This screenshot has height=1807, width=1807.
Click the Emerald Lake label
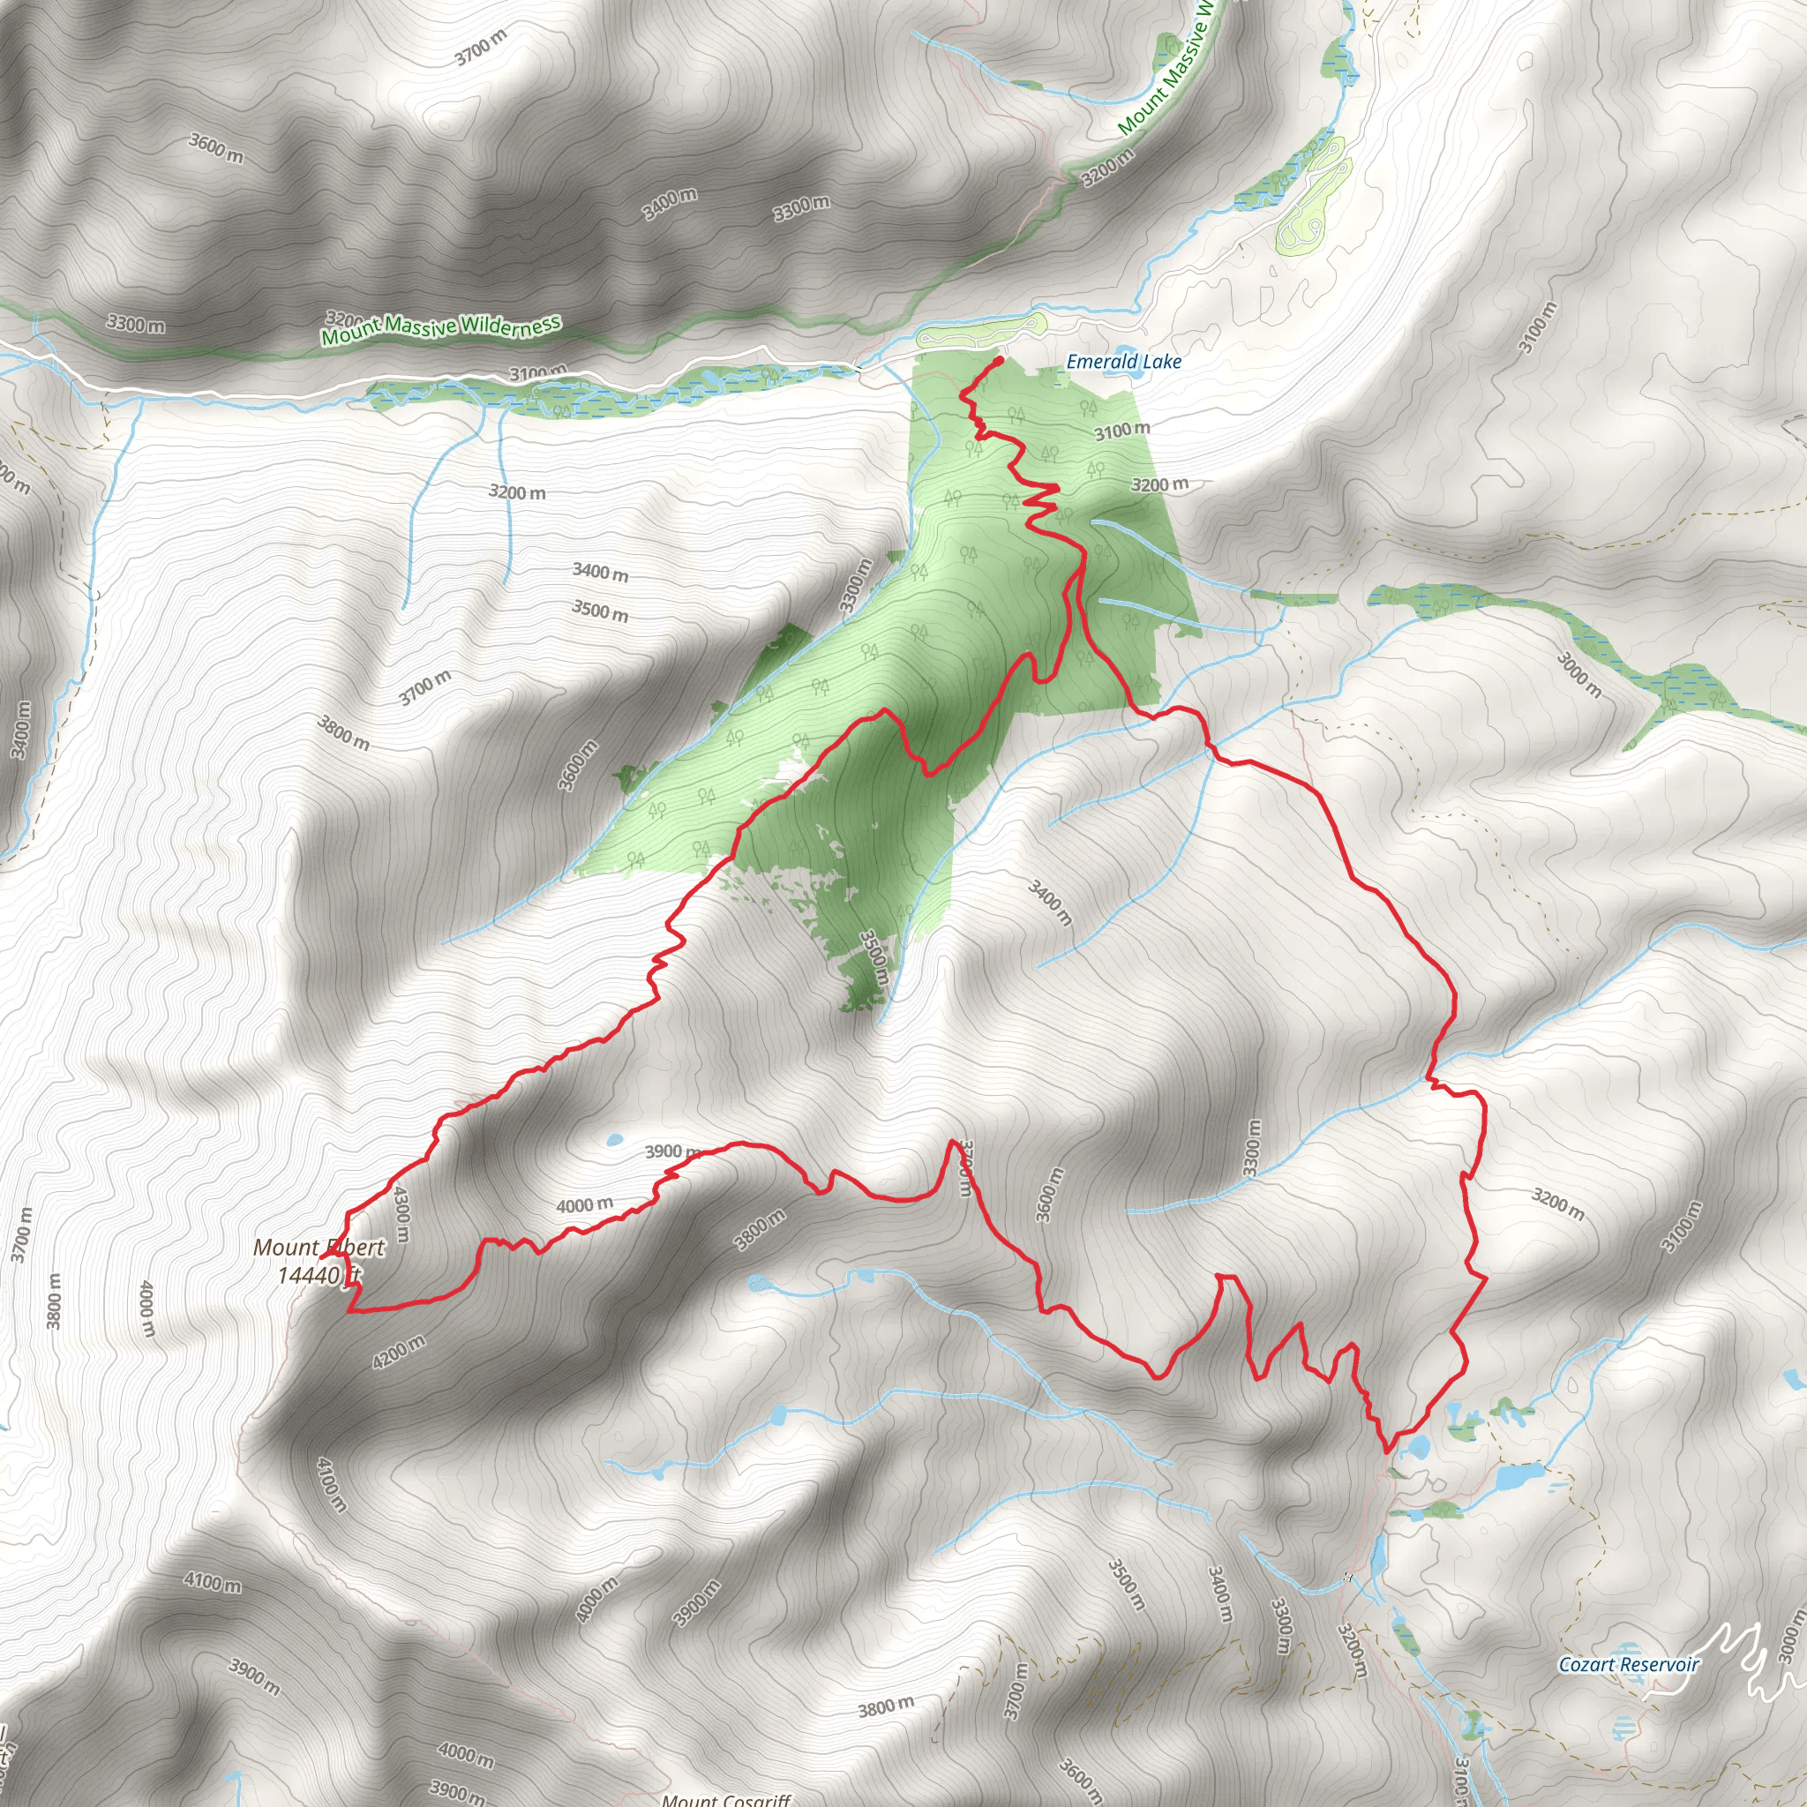click(x=1123, y=361)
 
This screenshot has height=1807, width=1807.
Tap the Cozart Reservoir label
click(x=1627, y=1664)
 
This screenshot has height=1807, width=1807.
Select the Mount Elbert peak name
click(x=319, y=1247)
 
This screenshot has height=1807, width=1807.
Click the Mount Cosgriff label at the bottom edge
click(x=726, y=1798)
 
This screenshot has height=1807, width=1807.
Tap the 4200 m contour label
click(x=399, y=1353)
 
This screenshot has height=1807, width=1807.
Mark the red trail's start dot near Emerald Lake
click(x=1000, y=359)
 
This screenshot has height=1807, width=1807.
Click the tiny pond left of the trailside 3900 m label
click(x=613, y=1140)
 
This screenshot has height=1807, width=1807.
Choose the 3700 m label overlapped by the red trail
click(x=965, y=1167)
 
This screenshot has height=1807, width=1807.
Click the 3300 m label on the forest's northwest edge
click(x=856, y=586)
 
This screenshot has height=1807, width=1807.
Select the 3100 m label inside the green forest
click(x=1122, y=431)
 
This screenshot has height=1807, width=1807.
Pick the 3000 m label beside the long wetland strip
click(x=1578, y=675)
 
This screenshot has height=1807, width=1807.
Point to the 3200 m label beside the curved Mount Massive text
click(x=1108, y=168)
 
